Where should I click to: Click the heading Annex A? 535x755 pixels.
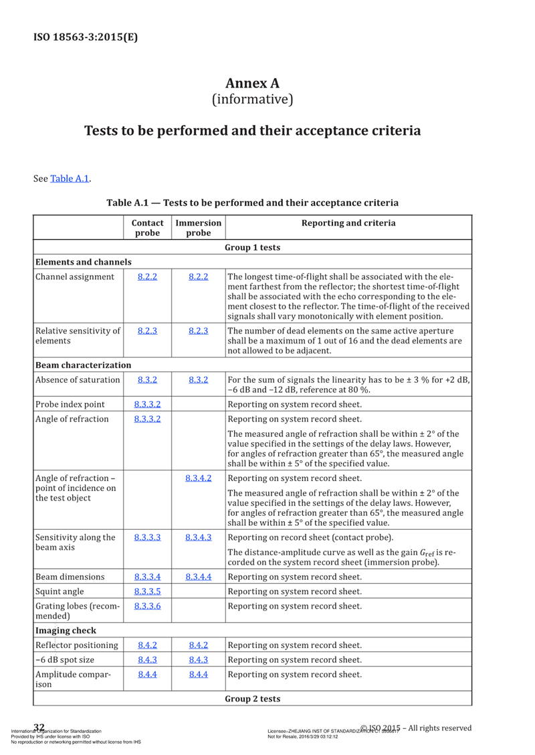252,83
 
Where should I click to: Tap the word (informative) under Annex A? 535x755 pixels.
252,100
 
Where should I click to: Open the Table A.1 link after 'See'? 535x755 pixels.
70,178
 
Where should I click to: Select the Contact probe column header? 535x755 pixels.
147,228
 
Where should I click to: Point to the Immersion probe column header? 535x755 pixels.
198,228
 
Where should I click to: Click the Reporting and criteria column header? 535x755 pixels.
348,223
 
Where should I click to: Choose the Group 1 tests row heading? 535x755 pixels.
252,248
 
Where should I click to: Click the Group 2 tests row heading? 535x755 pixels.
252,699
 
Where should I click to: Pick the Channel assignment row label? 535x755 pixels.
75,277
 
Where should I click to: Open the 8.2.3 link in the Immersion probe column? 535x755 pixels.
199,330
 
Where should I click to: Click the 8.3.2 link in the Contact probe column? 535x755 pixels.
147,380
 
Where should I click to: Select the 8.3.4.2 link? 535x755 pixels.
199,478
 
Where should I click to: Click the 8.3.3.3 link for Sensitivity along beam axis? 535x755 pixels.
147,537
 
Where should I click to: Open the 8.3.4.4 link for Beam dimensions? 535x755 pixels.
199,577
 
